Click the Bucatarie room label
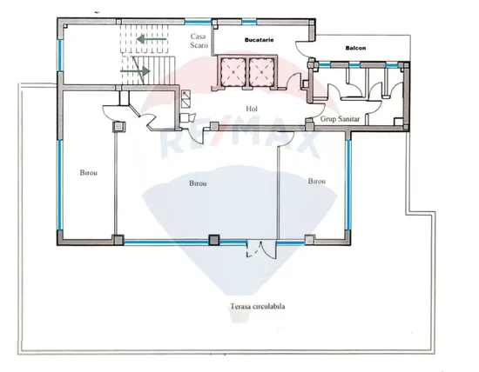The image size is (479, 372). coord(259,40)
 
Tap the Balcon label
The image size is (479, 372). coord(355,48)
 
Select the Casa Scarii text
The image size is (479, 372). coord(199,41)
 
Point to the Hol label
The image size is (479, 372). coord(252,109)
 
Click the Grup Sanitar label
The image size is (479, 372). coord(340,119)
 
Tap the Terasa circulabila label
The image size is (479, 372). coord(258,306)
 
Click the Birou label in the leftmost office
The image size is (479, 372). coord(89,173)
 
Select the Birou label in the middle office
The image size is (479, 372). coord(198,183)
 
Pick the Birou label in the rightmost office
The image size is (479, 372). coord(316,181)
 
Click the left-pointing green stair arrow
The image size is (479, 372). coord(152,39)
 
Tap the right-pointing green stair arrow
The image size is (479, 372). coord(135,71)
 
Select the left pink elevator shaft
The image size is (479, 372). coord(233,72)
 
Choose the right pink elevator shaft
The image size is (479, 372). coord(262,72)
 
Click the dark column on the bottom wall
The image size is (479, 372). coord(214,240)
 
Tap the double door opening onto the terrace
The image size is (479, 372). coord(261,249)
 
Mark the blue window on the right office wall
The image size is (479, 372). coord(348,185)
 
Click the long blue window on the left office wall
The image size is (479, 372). coord(60,184)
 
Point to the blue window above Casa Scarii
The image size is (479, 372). coord(198,22)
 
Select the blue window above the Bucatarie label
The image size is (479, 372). coord(249,22)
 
